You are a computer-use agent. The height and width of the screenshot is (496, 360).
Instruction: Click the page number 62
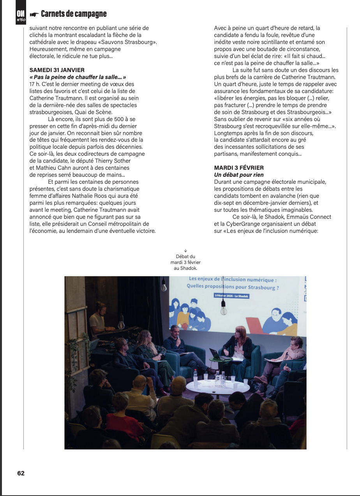[x=21, y=473]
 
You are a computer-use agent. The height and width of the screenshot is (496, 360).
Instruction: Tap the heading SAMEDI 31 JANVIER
[x=57, y=70]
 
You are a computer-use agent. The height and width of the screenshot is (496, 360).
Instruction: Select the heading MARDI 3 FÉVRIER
[x=239, y=168]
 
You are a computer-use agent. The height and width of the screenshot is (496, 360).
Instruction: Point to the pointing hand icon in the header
[x=34, y=14]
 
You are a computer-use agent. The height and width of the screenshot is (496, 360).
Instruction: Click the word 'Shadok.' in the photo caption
[x=190, y=268]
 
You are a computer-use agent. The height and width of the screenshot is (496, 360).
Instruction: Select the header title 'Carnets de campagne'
[x=74, y=14]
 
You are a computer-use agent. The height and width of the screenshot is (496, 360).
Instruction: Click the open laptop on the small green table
[x=216, y=354]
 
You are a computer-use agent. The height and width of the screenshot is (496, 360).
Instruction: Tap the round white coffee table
[x=217, y=386]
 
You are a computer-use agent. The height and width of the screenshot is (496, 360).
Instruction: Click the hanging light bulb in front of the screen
[x=223, y=310]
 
